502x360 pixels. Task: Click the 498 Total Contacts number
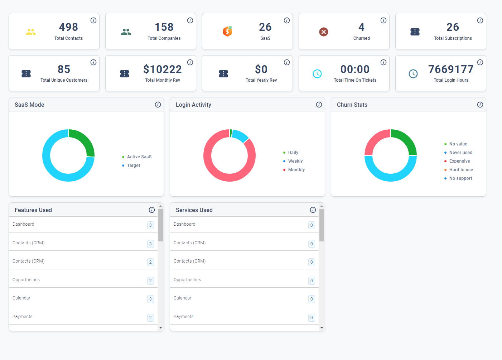68,27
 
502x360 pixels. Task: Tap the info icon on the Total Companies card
190,20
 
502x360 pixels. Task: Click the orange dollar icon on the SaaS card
227,31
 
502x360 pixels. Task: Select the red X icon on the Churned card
324,32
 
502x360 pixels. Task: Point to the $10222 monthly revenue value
163,69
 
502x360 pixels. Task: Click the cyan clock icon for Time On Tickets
317,74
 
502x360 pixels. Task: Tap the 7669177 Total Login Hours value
451,69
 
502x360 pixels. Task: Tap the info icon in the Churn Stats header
480,105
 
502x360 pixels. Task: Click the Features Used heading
33,210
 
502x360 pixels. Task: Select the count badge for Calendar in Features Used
150,299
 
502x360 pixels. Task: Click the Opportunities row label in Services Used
187,280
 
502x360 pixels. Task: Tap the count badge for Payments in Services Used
312,318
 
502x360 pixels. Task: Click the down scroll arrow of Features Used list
160,328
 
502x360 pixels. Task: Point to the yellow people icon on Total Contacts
31,32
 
